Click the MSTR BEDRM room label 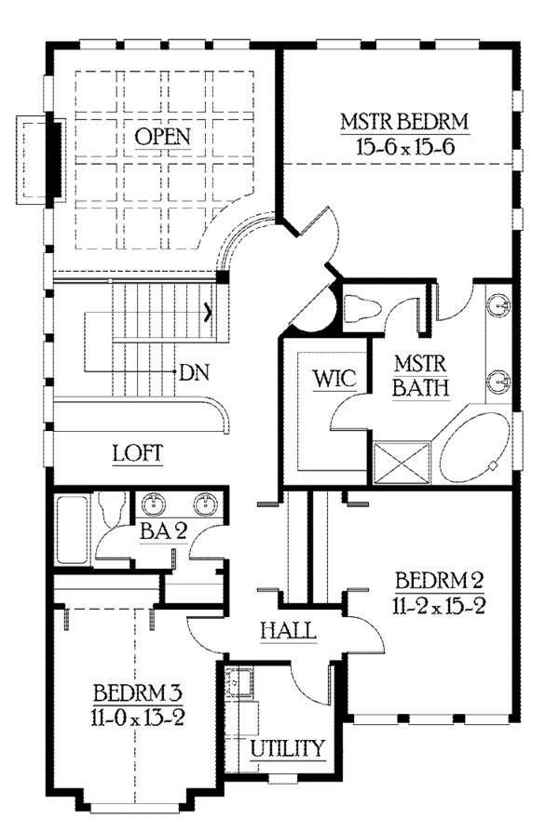404,122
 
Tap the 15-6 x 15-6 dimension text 405,146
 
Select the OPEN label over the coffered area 162,137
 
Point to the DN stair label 194,372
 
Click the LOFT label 138,453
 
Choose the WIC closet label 334,379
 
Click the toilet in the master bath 362,309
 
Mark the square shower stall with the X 402,464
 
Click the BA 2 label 163,531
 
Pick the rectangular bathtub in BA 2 72,530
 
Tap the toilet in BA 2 112,508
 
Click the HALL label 288,631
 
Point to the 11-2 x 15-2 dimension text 439,606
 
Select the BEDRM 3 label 138,692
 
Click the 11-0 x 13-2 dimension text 137,718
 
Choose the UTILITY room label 287,748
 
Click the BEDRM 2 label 440,580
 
